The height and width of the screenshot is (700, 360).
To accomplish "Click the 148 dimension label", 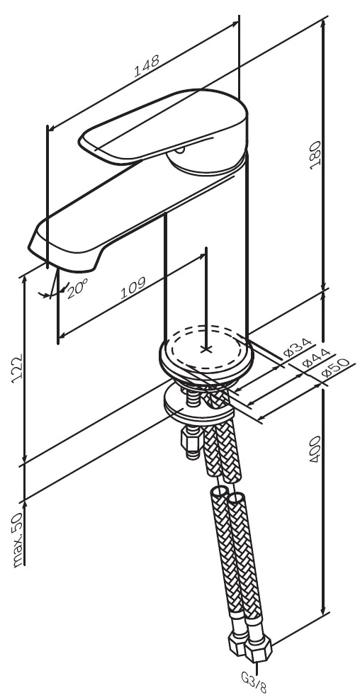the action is (x=147, y=66).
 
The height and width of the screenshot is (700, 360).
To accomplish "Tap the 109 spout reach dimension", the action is (x=133, y=289).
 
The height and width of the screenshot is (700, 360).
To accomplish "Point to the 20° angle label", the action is (x=78, y=289).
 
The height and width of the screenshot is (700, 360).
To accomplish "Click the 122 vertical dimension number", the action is (x=16, y=369).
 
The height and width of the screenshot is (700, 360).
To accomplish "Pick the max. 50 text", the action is (x=18, y=541).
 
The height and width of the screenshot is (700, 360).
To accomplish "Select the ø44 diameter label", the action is (x=316, y=359).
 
